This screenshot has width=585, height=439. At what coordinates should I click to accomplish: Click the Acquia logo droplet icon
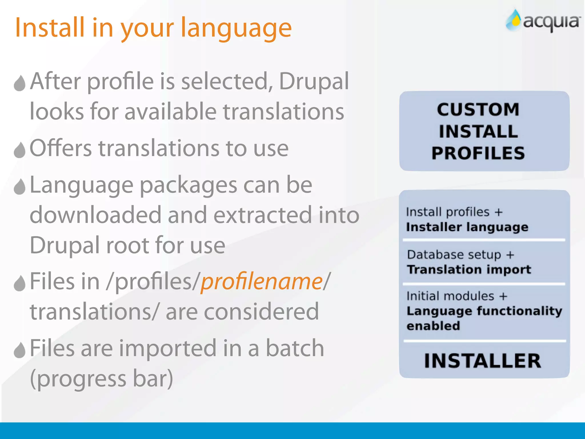click(513, 20)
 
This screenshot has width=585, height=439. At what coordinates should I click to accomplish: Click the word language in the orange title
click(236, 28)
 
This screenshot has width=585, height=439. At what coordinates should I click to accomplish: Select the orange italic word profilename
click(261, 282)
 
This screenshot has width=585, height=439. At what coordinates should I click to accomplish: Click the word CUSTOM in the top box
click(478, 110)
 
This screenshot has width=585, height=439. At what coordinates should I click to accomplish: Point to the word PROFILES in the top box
click(478, 153)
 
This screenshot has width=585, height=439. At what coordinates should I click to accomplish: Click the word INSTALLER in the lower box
click(482, 361)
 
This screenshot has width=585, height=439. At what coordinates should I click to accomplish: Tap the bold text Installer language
click(467, 227)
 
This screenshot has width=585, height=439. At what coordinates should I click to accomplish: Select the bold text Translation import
click(469, 270)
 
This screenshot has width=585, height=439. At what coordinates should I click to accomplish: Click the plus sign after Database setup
click(510, 255)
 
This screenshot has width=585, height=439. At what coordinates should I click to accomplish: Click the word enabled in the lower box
click(433, 326)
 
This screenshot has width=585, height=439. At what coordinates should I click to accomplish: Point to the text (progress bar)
click(101, 379)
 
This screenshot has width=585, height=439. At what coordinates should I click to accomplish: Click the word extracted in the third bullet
click(263, 215)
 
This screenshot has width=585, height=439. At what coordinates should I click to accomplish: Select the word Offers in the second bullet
click(61, 148)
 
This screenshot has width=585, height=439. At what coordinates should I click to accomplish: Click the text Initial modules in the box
click(450, 296)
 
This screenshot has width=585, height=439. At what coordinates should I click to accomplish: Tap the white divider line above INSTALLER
click(484, 341)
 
